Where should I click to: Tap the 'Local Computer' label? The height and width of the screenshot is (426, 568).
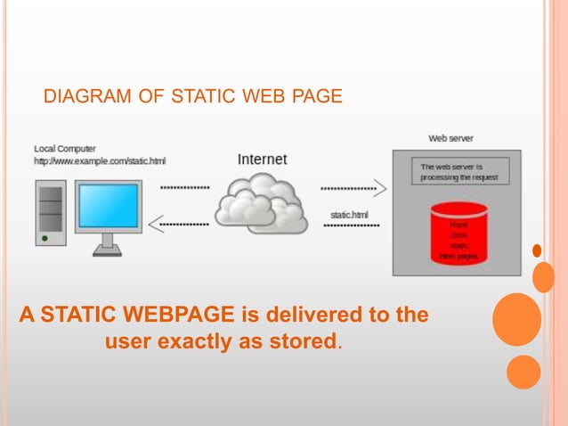[65, 148]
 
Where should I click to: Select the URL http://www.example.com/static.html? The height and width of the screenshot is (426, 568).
[100, 160]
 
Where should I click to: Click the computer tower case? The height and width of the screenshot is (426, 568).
[51, 214]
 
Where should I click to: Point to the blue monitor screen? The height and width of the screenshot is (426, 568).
[109, 206]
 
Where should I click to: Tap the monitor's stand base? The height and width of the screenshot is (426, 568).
[107, 250]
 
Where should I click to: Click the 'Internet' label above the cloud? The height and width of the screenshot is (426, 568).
[263, 160]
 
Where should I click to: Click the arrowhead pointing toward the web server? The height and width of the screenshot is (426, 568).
[380, 188]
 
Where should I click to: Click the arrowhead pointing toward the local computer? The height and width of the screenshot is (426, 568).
[154, 225]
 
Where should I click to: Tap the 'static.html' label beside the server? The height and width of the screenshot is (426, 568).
[348, 215]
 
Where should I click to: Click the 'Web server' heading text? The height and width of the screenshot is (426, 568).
[450, 138]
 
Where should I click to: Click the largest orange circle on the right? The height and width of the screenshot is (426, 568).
[516, 319]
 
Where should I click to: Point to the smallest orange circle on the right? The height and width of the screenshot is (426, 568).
[537, 250]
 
